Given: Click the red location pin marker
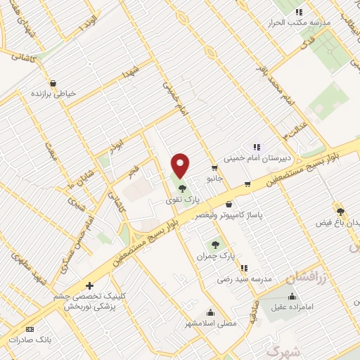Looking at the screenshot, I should [x=181, y=165].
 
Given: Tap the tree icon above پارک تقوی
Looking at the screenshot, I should [x=182, y=188].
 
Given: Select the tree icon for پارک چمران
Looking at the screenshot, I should [x=216, y=245].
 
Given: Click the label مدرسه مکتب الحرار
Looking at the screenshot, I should [x=299, y=22].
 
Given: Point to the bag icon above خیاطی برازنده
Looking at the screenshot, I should [x=53, y=83].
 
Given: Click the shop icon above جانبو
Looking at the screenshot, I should [x=214, y=168].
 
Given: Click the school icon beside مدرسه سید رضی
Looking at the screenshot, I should [x=244, y=268].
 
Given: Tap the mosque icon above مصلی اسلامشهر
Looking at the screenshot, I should [x=210, y=313].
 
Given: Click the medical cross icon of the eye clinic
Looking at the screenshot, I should [x=89, y=285].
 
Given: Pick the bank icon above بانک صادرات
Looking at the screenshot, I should [x=30, y=329].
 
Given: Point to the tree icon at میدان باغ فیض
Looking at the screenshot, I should [x=340, y=212].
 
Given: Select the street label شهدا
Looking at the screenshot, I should [x=132, y=71].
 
